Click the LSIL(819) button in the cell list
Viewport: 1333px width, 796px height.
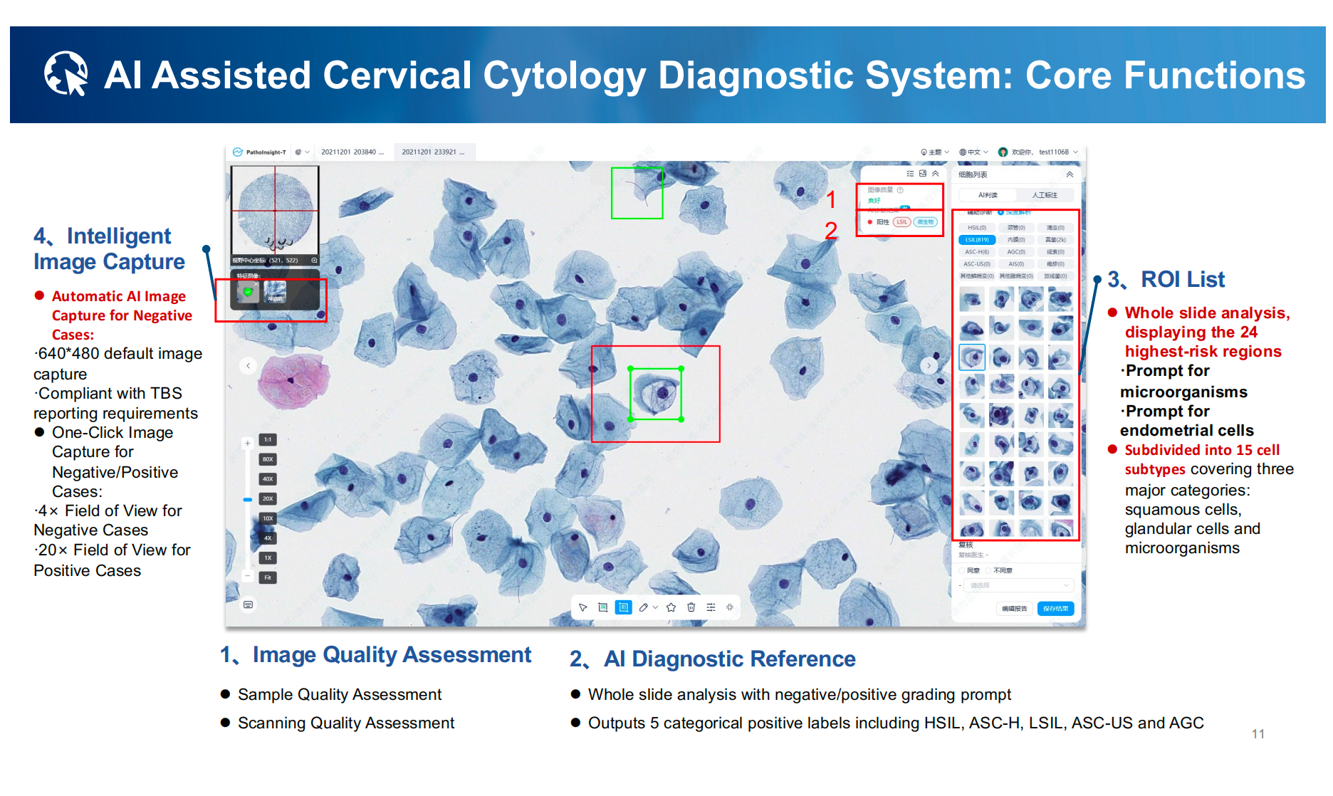(977, 240)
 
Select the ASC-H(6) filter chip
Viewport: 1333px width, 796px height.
(977, 252)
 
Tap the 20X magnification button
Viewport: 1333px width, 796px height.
(268, 498)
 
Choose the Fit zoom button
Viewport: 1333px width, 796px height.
(268, 577)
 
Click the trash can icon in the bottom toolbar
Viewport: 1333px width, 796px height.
(691, 607)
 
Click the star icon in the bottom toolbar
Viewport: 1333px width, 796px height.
(671, 607)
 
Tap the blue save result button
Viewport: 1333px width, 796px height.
(1055, 609)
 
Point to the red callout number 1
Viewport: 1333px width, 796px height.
(831, 199)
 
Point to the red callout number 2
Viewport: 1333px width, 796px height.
(831, 231)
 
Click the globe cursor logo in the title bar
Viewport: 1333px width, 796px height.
(66, 73)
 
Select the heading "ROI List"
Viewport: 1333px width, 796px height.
(1182, 280)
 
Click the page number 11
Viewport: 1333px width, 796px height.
(1258, 734)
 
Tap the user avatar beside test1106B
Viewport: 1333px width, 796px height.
(1003, 152)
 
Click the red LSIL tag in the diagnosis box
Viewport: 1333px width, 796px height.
(901, 222)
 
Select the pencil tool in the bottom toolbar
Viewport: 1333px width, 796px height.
(644, 607)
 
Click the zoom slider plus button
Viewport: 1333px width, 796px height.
(248, 443)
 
